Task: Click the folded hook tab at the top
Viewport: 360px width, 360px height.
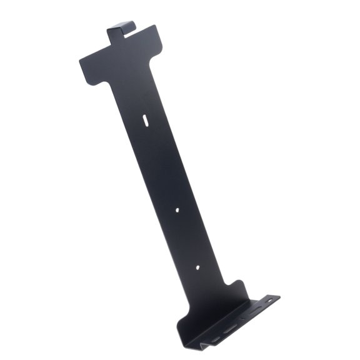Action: coord(121,33)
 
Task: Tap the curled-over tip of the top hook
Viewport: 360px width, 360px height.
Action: coord(130,25)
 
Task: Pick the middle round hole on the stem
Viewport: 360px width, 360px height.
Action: coord(177,211)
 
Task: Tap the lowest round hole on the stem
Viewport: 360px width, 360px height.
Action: coord(197,267)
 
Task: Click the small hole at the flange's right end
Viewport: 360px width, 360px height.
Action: coord(270,300)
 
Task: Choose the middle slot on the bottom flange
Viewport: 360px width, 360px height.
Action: coord(231,327)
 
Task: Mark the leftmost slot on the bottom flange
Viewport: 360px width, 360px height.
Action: coord(215,339)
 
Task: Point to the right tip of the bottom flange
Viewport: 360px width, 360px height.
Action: coord(278,297)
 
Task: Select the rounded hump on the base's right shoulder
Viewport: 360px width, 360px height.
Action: coord(236,285)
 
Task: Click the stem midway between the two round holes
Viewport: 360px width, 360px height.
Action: coord(187,239)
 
